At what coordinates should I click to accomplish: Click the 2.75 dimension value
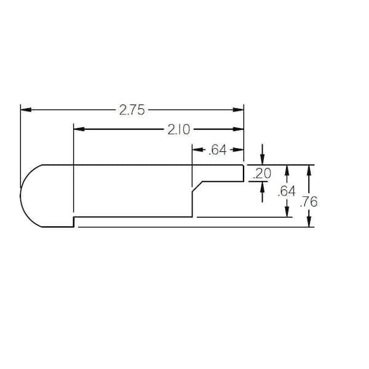tap(132, 110)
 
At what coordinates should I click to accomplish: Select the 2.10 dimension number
tap(179, 130)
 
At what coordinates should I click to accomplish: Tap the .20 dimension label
tap(262, 173)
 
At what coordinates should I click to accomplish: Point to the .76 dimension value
tap(309, 202)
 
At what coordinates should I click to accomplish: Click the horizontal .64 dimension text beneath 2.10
tap(218, 150)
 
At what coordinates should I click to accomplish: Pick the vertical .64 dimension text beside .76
tap(286, 191)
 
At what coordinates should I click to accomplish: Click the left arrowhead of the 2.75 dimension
tap(26, 109)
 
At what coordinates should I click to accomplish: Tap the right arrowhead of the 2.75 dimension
tap(238, 109)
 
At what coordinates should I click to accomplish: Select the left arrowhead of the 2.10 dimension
tap(79, 129)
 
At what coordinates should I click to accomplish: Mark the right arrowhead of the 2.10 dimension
tap(238, 129)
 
